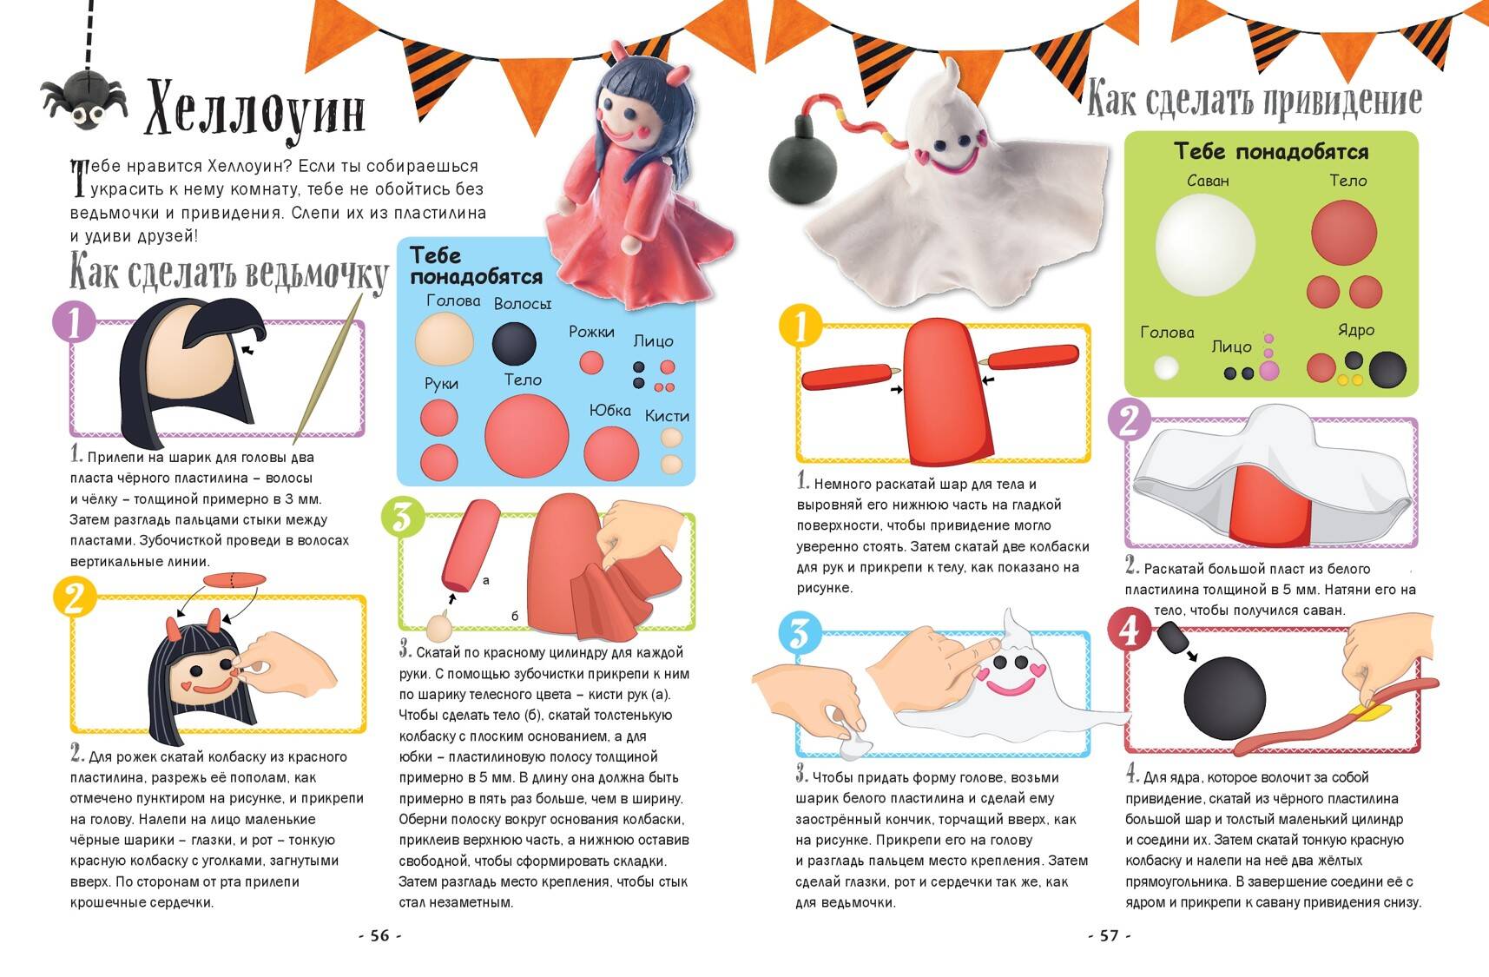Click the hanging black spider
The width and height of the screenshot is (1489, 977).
83,99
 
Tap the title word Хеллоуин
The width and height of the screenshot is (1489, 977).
254,109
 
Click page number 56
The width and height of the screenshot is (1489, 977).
380,935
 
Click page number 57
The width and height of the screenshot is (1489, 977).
1110,935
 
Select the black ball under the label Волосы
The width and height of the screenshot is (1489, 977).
514,343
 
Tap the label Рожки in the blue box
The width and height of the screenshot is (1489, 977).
591,332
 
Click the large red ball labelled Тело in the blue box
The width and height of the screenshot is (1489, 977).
526,435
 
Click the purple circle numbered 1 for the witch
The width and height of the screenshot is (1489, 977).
74,322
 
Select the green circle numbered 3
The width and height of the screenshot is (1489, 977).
403,518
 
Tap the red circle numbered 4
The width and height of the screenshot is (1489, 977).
1130,629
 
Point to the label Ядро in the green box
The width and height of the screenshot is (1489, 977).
1356,330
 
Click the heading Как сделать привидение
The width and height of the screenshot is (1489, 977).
1255,98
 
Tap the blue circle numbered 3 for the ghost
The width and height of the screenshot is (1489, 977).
800,633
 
